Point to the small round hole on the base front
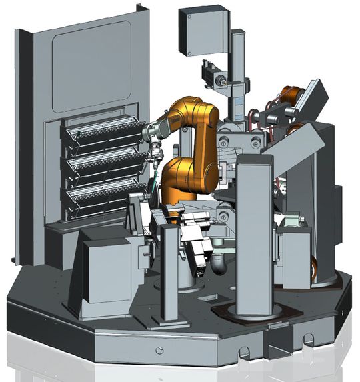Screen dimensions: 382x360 pyautogui.click(x=159, y=351)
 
